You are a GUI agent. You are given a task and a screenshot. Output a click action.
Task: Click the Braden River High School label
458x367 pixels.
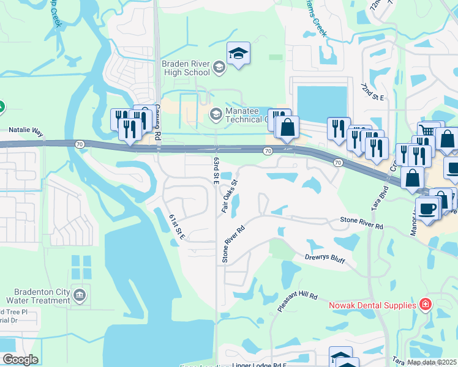pyautogui.click(x=185, y=68)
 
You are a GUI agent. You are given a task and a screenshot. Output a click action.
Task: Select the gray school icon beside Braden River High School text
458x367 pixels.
pyautogui.click(x=219, y=69)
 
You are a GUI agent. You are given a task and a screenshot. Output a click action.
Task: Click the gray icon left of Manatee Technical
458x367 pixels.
pyautogui.click(x=216, y=113)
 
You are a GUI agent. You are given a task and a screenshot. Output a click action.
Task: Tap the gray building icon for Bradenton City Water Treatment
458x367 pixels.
pyautogui.click(x=80, y=296)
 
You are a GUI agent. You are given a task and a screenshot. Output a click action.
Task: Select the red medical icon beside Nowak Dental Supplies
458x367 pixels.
pyautogui.click(x=426, y=304)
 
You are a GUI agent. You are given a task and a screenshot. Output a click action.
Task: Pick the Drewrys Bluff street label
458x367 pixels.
pyautogui.click(x=325, y=260)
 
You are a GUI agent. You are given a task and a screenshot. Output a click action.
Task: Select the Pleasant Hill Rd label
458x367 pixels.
pyautogui.click(x=298, y=303)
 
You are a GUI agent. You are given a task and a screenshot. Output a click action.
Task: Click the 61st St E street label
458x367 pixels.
pyautogui.click(x=177, y=227)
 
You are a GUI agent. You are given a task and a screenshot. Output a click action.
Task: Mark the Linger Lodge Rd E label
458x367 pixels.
pyautogui.click(x=260, y=365)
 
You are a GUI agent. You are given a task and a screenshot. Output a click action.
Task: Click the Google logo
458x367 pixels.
pyautogui.click(x=20, y=360)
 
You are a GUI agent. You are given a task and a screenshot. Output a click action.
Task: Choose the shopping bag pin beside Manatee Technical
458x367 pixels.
pyautogui.click(x=287, y=128)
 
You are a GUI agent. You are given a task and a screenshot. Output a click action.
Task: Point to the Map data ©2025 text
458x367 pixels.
pyautogui.click(x=432, y=362)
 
